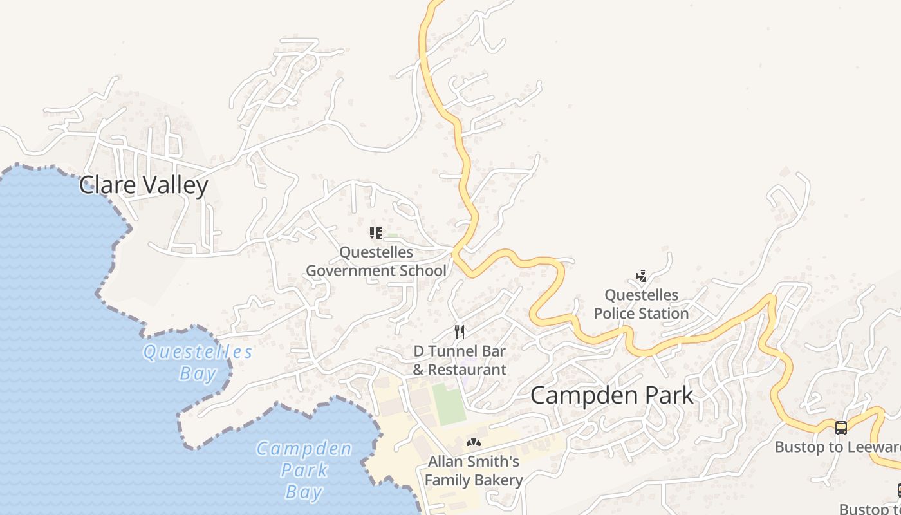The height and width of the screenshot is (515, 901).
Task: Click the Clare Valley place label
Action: (144, 185)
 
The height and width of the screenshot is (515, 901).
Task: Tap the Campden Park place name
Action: (612, 395)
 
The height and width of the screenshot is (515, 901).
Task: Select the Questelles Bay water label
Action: (198, 362)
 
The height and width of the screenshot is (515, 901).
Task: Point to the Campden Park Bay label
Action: (304, 470)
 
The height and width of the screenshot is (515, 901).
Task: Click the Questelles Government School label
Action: (376, 261)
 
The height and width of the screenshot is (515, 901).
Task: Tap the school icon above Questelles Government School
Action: (376, 233)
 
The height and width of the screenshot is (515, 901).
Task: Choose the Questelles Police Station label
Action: (641, 304)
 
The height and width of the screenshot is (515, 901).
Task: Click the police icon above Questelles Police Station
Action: (641, 277)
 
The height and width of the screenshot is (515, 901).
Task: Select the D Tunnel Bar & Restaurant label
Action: (460, 360)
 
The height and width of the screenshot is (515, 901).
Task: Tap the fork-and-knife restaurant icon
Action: (460, 332)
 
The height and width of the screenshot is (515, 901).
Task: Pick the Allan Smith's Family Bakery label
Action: (474, 471)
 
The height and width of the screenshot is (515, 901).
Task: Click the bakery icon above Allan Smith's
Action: (474, 443)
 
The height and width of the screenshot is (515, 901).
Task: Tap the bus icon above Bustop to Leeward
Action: (841, 428)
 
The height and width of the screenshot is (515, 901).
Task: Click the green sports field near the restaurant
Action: (449, 404)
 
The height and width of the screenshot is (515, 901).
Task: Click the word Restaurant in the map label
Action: (467, 370)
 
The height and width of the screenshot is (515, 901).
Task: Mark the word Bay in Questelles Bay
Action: (198, 373)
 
